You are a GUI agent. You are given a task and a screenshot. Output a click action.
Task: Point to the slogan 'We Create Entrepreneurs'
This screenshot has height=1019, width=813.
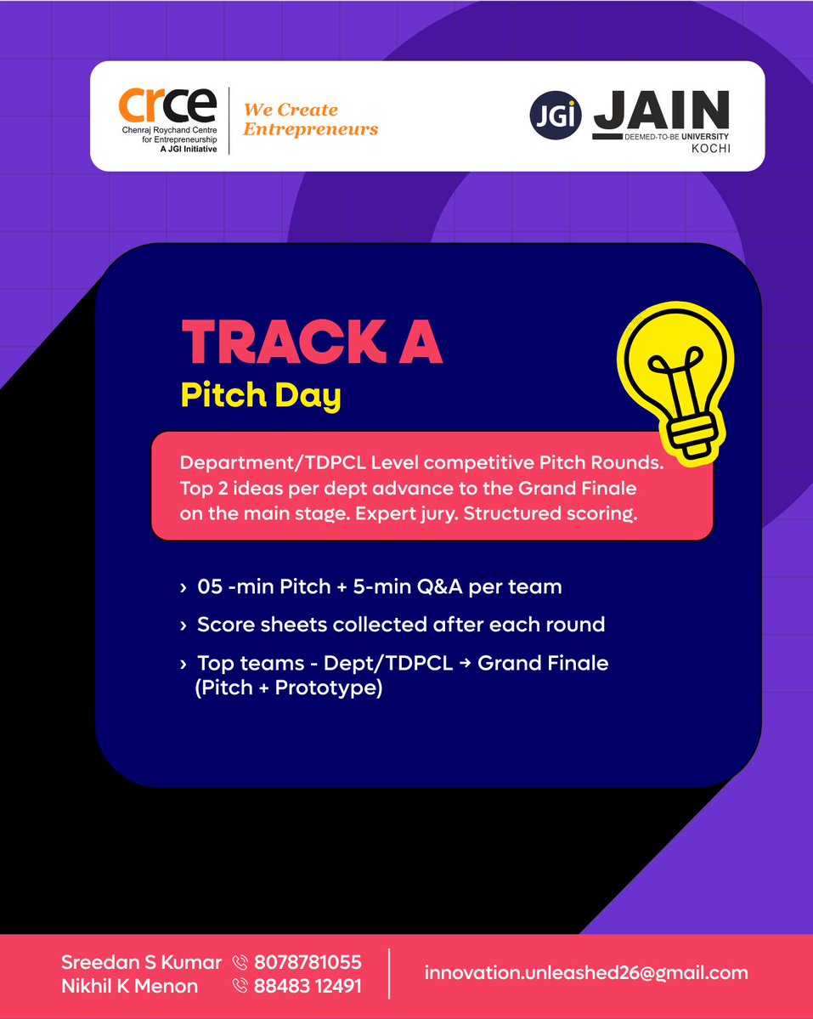310,120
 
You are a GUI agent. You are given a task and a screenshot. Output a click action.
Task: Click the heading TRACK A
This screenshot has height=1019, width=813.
312,342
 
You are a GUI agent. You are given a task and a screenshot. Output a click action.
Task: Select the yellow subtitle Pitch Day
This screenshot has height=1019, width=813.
261,395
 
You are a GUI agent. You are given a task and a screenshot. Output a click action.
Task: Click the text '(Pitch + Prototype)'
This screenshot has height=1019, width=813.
289,688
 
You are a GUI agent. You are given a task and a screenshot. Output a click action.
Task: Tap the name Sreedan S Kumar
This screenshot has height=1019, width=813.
141,962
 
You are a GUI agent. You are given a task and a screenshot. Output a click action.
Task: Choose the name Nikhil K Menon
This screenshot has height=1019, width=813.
129,986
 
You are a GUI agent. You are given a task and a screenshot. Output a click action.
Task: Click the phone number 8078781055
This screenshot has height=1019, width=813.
308,962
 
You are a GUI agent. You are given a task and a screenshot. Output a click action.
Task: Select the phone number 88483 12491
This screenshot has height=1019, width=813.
308,986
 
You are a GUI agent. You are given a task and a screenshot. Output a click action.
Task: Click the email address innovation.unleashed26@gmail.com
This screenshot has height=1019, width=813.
586,973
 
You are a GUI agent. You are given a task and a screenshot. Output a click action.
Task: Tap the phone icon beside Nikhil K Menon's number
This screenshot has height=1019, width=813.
240,986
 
